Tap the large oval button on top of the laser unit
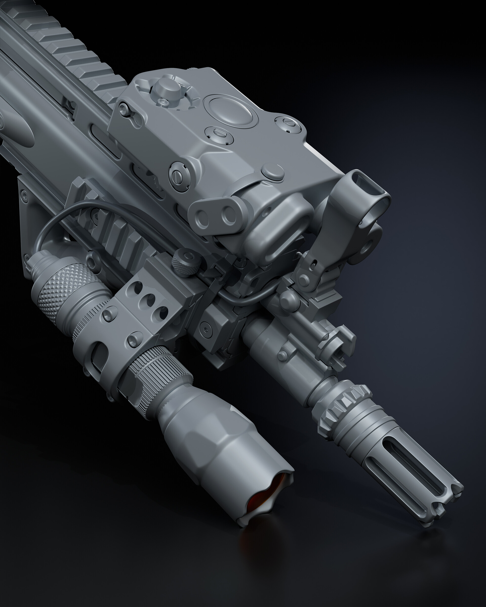point(230,110)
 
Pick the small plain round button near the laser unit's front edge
point(272,172)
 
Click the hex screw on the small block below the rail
point(206,330)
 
